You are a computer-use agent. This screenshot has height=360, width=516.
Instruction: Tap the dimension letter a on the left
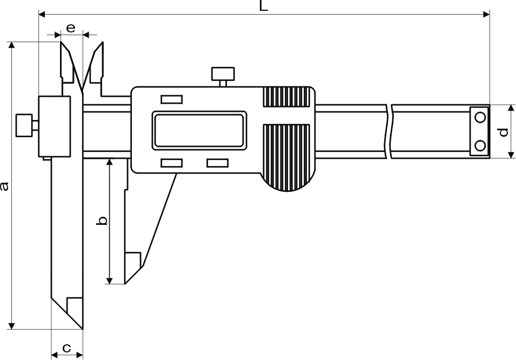[x=5, y=186]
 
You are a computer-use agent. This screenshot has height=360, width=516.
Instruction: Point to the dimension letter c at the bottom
[x=66, y=348]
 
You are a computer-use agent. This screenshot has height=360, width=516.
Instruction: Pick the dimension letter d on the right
[x=503, y=132]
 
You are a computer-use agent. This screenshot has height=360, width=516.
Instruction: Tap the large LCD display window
[x=198, y=130]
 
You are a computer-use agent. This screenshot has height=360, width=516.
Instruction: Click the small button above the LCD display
[x=172, y=99]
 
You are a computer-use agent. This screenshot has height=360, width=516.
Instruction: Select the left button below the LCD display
[x=172, y=163]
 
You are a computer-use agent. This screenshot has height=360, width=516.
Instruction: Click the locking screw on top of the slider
[x=223, y=75]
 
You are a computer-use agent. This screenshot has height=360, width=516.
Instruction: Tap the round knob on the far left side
[x=24, y=125]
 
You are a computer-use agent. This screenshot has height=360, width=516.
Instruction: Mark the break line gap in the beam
[x=390, y=131]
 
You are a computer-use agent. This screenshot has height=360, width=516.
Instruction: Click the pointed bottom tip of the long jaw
[x=83, y=328]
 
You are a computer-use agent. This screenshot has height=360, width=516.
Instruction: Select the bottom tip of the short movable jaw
[x=125, y=283]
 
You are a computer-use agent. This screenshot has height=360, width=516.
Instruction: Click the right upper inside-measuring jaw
[x=97, y=62]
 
